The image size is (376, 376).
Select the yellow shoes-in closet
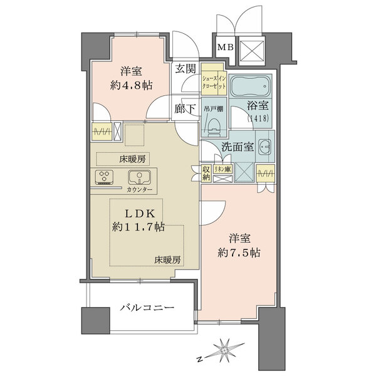coord(212,80)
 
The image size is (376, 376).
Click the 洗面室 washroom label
coord(236,148)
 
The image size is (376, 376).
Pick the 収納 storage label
coord(206,173)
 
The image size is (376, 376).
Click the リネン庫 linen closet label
coord(222,169)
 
